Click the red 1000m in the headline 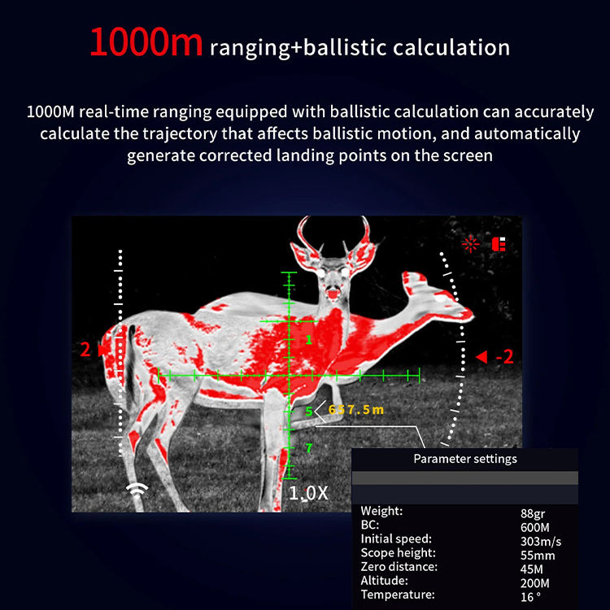tap(146, 42)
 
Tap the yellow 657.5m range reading tap(356, 410)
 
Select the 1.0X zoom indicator tap(308, 494)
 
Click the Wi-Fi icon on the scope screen tap(137, 491)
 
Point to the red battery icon tap(499, 244)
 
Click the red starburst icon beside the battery tap(470, 244)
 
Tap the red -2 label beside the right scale tap(504, 356)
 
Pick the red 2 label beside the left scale tap(85, 350)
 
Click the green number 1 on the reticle tap(308, 340)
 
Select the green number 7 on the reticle tap(309, 448)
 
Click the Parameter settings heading tap(465, 459)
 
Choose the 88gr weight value tap(533, 514)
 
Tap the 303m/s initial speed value tap(541, 541)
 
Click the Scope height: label tap(398, 553)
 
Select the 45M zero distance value tap(531, 569)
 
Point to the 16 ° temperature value tap(530, 597)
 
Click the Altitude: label tap(384, 581)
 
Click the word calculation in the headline tap(451, 47)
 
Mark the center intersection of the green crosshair tap(289, 376)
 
